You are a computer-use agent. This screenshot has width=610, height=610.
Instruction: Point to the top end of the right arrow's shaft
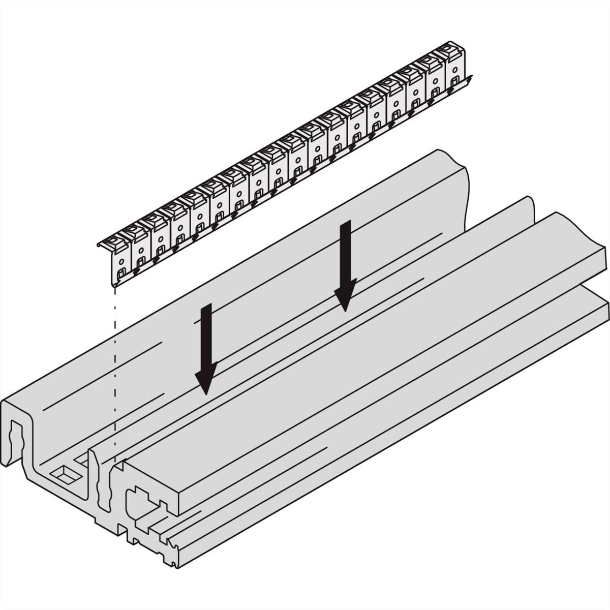click(346, 223)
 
